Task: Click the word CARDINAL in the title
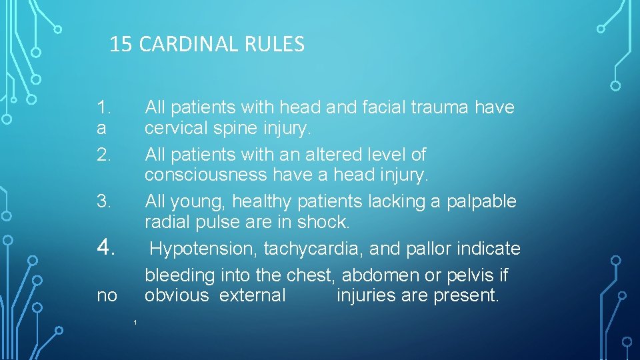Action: point(193,45)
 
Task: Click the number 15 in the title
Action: point(121,45)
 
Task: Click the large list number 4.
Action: point(107,247)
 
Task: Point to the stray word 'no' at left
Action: point(107,295)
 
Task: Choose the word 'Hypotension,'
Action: point(204,249)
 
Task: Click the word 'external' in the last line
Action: point(252,295)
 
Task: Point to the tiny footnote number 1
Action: point(135,323)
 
